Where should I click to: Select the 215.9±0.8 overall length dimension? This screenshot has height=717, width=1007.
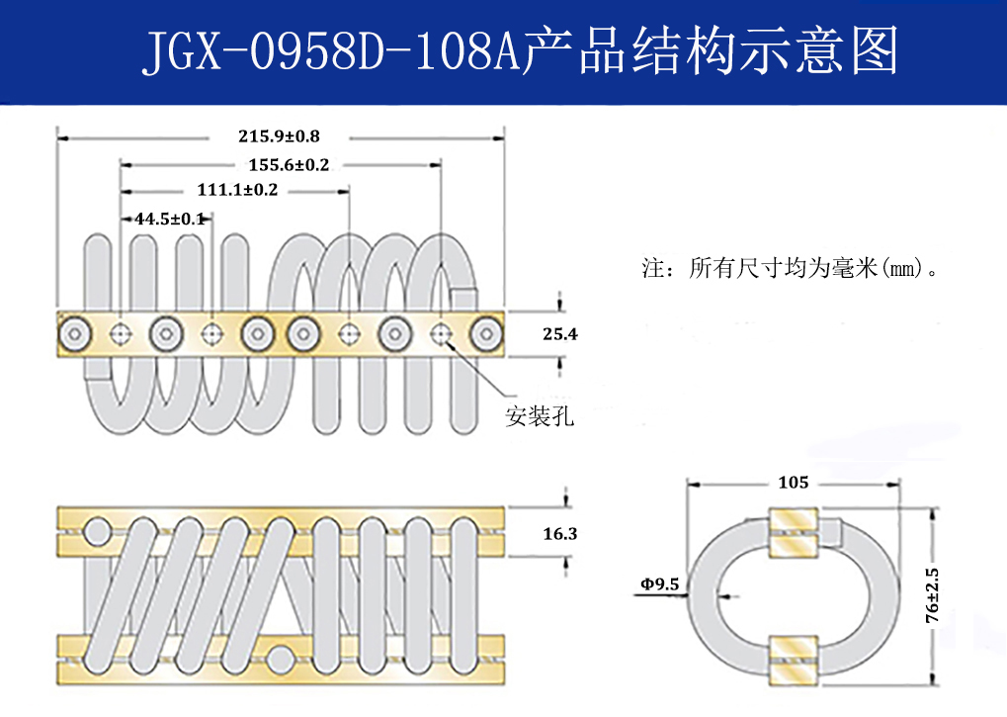click(279, 135)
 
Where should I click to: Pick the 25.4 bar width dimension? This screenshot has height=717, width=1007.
click(559, 334)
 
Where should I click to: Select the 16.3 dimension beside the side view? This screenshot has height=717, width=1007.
click(559, 533)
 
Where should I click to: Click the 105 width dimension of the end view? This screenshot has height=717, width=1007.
click(793, 483)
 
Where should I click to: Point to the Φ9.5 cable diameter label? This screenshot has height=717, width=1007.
click(659, 584)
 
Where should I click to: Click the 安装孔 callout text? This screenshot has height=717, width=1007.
click(540, 416)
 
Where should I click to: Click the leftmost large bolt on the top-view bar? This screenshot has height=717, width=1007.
click(75, 334)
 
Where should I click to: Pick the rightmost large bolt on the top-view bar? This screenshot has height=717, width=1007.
click(486, 334)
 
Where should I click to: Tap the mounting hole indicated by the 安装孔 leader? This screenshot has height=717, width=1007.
click(441, 334)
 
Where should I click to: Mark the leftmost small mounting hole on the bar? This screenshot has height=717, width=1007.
click(121, 334)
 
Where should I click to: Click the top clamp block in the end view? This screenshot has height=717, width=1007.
click(793, 535)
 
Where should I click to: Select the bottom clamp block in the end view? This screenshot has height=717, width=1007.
click(793, 657)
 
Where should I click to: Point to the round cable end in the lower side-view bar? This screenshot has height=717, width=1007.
click(282, 658)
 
